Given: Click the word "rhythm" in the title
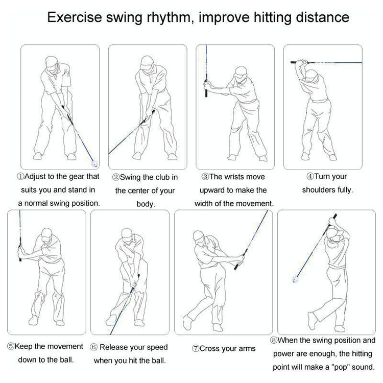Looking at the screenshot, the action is (169, 18).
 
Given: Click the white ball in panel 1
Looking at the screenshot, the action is (94, 163).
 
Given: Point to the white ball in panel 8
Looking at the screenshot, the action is (296, 279).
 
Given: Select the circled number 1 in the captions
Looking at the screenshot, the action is (20, 176).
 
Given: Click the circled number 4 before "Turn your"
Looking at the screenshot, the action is (310, 176).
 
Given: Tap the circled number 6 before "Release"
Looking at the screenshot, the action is (94, 347).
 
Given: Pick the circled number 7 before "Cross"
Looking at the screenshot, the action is (196, 349).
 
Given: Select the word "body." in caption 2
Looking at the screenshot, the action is (146, 204).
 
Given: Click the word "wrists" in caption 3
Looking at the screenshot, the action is (236, 177).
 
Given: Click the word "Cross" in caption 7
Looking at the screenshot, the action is (210, 349).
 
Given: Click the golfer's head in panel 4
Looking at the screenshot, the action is (312, 77).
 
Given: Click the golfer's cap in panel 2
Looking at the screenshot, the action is (147, 61).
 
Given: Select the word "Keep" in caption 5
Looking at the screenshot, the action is (23, 347).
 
